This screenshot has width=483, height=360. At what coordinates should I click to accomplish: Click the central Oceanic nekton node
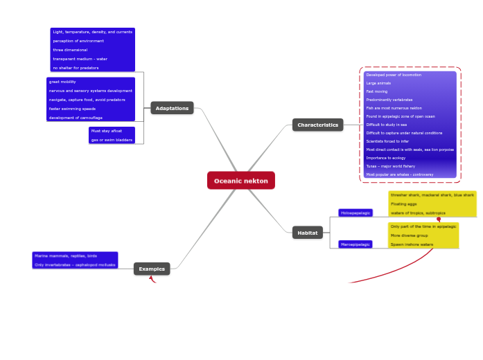point(240,181)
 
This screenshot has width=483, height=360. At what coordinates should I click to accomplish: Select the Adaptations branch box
point(172,108)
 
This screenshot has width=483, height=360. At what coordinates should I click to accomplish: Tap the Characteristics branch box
point(318,125)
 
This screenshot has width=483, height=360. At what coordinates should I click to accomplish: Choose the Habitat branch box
point(307,233)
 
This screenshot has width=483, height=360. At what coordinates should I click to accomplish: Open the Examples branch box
point(152,269)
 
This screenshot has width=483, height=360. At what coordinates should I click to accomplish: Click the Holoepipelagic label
point(355,213)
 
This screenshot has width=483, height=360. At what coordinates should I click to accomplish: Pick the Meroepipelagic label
point(355,244)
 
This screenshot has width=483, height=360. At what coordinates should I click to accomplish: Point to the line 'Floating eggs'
point(403,204)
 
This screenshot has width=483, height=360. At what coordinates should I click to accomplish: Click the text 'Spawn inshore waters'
point(412,244)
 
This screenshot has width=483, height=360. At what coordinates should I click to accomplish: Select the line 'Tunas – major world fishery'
point(390,166)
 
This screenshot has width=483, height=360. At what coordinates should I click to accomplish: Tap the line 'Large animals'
point(378,83)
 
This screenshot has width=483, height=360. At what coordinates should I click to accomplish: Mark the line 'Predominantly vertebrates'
point(389,100)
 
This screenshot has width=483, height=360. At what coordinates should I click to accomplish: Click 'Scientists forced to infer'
point(387,141)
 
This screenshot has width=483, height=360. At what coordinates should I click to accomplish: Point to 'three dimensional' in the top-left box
point(70,50)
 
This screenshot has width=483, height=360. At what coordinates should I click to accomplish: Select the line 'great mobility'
point(62,82)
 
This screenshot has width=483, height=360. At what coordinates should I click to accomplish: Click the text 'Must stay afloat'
point(106,131)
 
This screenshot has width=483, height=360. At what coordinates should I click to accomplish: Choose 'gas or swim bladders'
point(111,140)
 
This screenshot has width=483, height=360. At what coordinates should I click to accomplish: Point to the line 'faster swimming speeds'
point(72,109)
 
